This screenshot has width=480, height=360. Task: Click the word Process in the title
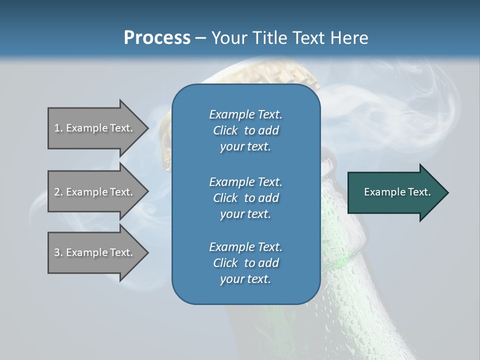click(x=157, y=38)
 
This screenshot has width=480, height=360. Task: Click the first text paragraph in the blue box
click(x=245, y=130)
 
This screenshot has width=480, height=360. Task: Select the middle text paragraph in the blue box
click(x=245, y=197)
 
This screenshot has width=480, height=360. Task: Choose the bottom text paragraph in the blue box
click(x=245, y=263)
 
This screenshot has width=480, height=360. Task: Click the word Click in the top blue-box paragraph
click(x=225, y=130)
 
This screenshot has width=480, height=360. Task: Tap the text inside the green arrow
click(x=397, y=192)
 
